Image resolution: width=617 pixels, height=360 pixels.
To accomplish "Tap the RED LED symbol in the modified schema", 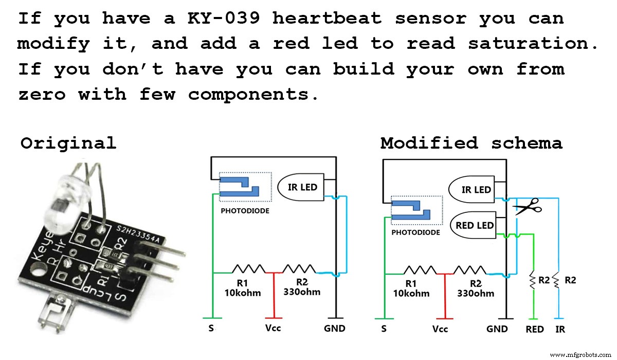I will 474,225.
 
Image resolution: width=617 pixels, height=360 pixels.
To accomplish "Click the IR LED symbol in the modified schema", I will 475,190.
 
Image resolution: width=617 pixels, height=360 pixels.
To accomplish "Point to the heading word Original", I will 68,143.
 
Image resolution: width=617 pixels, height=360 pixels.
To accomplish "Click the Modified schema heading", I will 471,143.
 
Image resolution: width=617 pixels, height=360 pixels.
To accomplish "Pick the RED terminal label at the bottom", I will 535,329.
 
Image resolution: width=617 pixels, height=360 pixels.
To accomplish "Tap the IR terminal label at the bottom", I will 560,329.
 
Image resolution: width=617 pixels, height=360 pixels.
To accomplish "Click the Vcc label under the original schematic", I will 273,328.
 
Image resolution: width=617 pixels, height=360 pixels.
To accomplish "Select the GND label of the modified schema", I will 497,329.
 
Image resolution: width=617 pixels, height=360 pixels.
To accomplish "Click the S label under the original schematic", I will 210,328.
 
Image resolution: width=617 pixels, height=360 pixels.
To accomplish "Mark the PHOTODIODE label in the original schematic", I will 245,211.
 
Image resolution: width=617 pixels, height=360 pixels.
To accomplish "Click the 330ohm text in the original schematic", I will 302,292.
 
